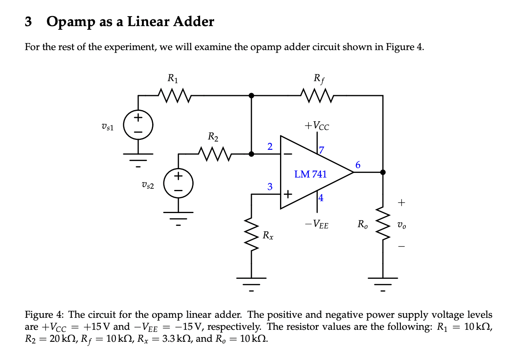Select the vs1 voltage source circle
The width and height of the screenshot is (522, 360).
tap(138, 125)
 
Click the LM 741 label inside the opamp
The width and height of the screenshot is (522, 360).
tap(310, 174)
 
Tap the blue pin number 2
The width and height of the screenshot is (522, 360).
tap(270, 146)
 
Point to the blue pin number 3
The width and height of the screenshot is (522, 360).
tap(270, 187)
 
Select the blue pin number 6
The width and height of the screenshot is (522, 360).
tap(358, 165)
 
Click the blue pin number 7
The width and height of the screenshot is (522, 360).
tap(321, 150)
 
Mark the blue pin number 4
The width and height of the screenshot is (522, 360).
tap(321, 198)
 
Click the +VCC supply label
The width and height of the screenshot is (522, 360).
tap(316, 126)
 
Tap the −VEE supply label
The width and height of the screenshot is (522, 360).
tap(316, 225)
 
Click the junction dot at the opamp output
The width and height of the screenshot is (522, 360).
tap(383, 172)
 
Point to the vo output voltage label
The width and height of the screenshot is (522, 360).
tap(401, 226)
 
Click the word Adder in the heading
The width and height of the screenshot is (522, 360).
tap(191, 22)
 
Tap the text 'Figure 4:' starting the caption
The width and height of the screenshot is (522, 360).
tap(39, 315)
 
